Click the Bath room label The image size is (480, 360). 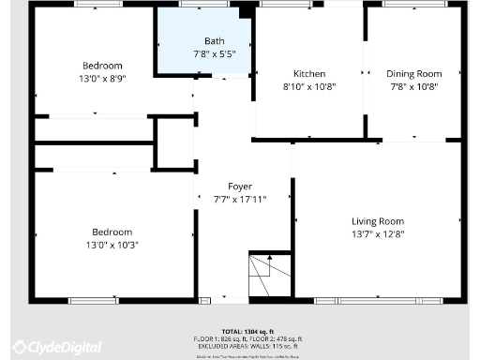[x=215, y=42]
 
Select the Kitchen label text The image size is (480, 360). [x=309, y=74]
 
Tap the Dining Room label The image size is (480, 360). [x=414, y=74]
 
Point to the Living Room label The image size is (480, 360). [x=378, y=221]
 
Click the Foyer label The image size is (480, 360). [x=227, y=187]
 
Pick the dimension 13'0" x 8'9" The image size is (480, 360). [x=102, y=78]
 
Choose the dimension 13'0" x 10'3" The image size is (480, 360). [x=112, y=244]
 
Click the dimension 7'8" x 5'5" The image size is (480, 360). [x=215, y=54]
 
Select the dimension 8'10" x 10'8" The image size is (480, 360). [x=309, y=86]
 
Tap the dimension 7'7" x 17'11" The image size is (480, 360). [x=227, y=199]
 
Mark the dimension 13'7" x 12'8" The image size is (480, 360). [x=378, y=233]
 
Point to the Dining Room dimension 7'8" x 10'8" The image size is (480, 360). [x=414, y=86]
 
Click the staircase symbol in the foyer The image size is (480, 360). [x=268, y=276]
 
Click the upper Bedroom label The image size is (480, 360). [x=102, y=66]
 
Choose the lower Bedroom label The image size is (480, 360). [x=112, y=232]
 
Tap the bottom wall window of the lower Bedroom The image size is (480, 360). [x=94, y=301]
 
